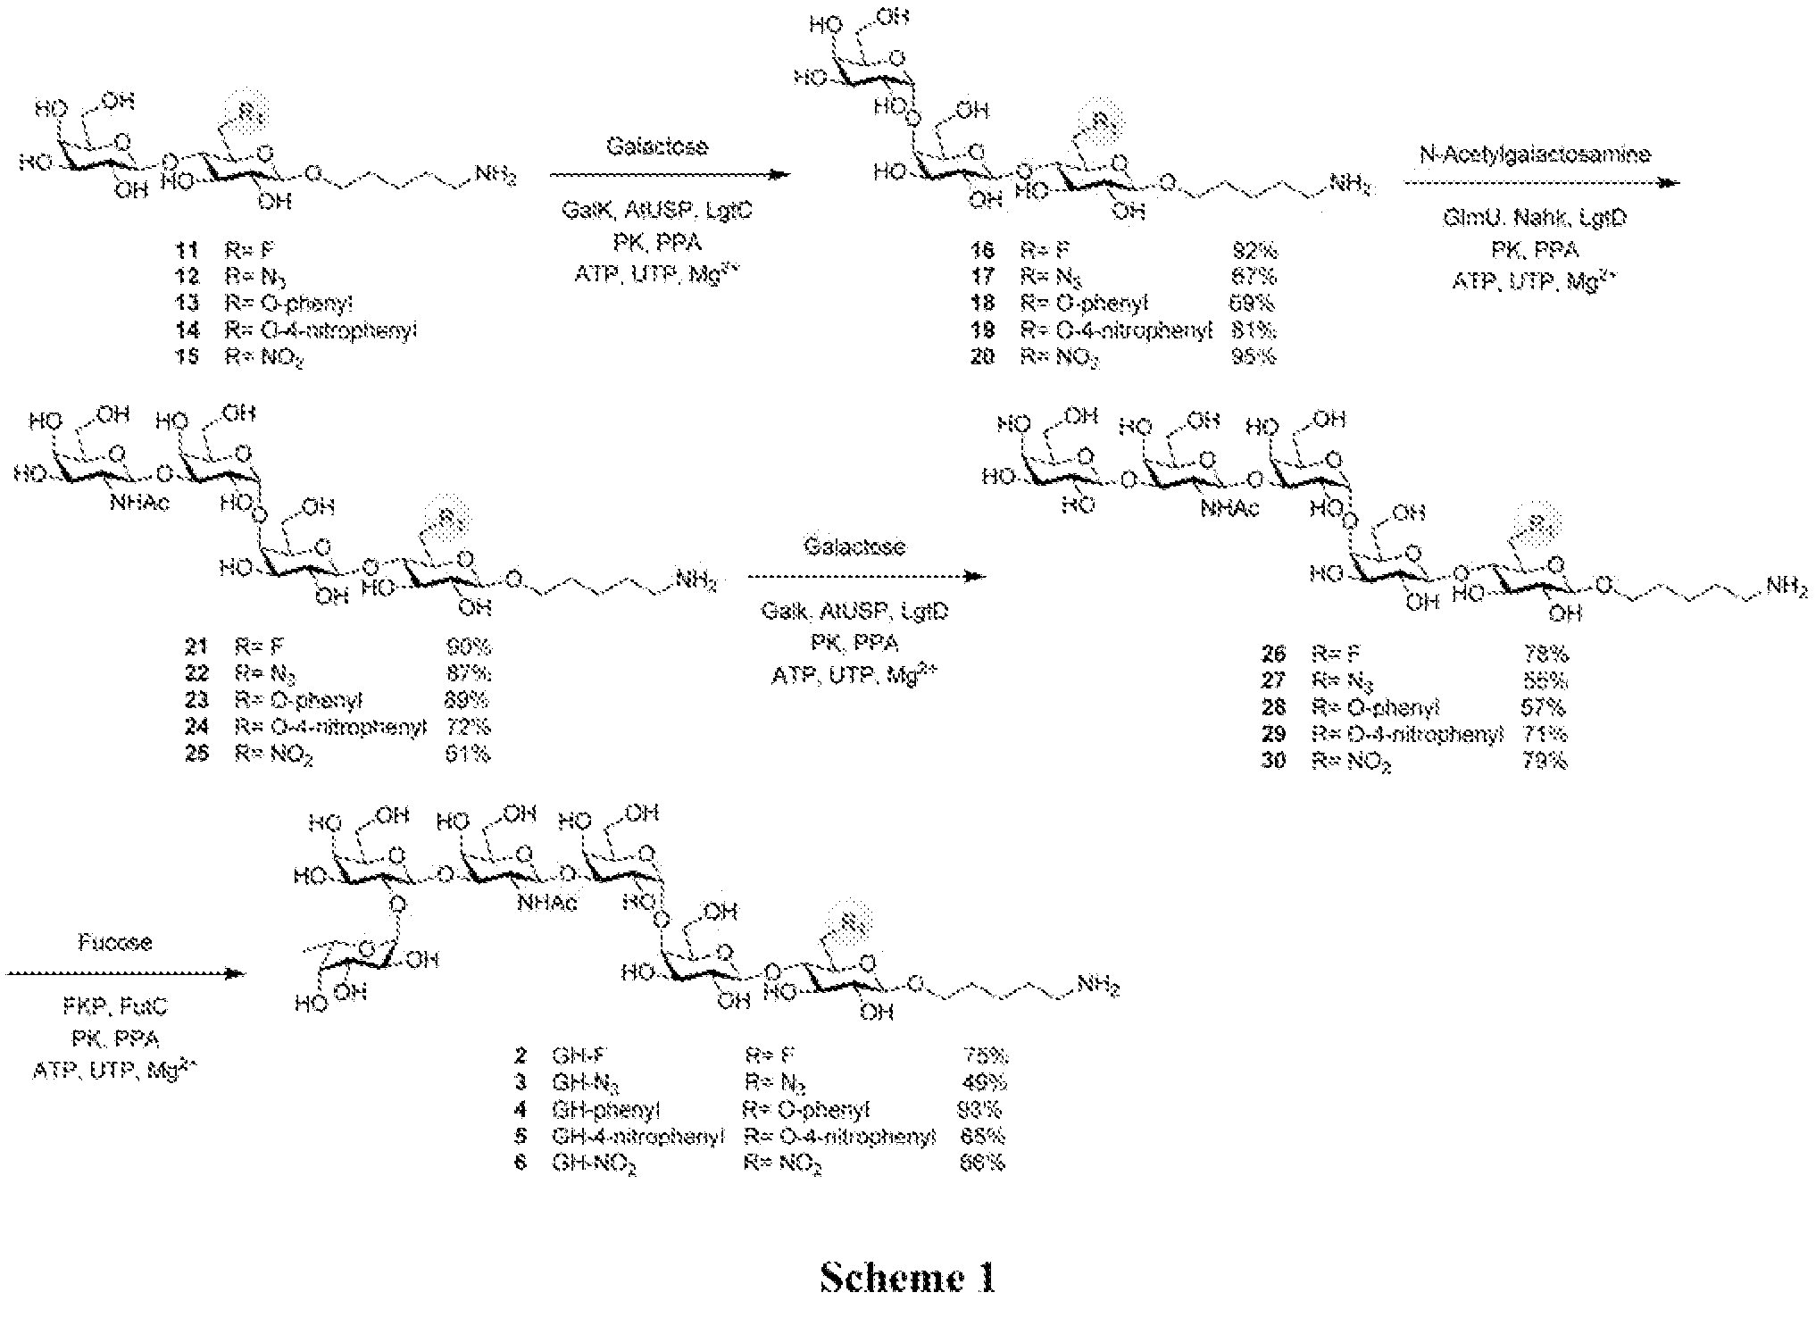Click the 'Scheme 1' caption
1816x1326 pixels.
907,1278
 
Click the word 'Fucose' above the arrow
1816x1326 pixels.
114,942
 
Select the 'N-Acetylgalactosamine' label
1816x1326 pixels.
1535,154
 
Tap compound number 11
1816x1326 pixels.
187,250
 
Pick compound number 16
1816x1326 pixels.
982,250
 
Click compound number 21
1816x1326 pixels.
196,646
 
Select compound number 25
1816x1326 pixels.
196,754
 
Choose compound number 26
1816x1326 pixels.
1273,654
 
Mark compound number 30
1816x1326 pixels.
1273,761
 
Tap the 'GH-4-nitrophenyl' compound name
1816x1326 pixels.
637,1136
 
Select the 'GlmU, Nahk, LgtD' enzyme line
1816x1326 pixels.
1535,217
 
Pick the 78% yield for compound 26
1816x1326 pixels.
1545,654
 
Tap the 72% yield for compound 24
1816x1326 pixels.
468,727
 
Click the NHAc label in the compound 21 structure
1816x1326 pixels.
140,503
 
